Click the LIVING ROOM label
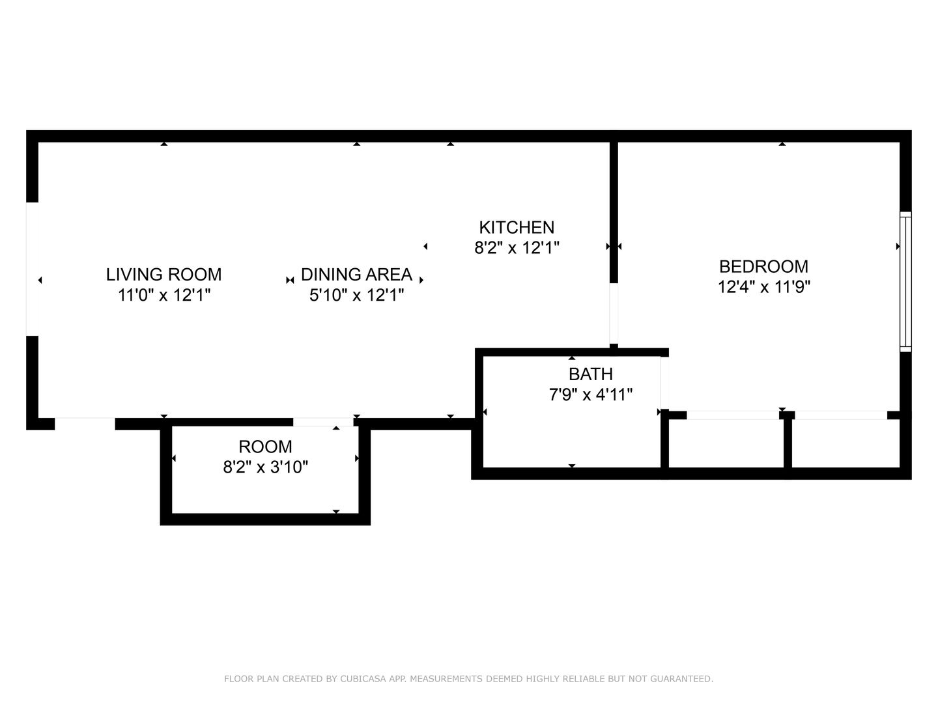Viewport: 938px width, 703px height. (163, 274)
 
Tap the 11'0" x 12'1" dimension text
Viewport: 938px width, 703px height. (163, 295)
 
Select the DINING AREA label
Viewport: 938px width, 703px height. (356, 274)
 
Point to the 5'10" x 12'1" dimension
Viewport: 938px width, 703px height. (356, 295)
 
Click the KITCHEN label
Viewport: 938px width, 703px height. (517, 227)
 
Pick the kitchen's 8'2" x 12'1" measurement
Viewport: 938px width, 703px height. (517, 248)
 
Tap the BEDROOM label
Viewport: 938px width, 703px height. (763, 266)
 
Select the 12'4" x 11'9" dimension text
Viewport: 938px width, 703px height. (763, 287)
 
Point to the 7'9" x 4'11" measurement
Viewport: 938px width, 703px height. (590, 394)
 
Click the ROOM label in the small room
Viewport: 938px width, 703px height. (265, 447)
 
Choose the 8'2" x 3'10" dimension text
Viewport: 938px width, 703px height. (265, 467)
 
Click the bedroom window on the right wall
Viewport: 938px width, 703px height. (905, 281)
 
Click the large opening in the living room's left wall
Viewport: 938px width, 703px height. (32, 269)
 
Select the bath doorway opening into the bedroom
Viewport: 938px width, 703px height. (664, 383)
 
